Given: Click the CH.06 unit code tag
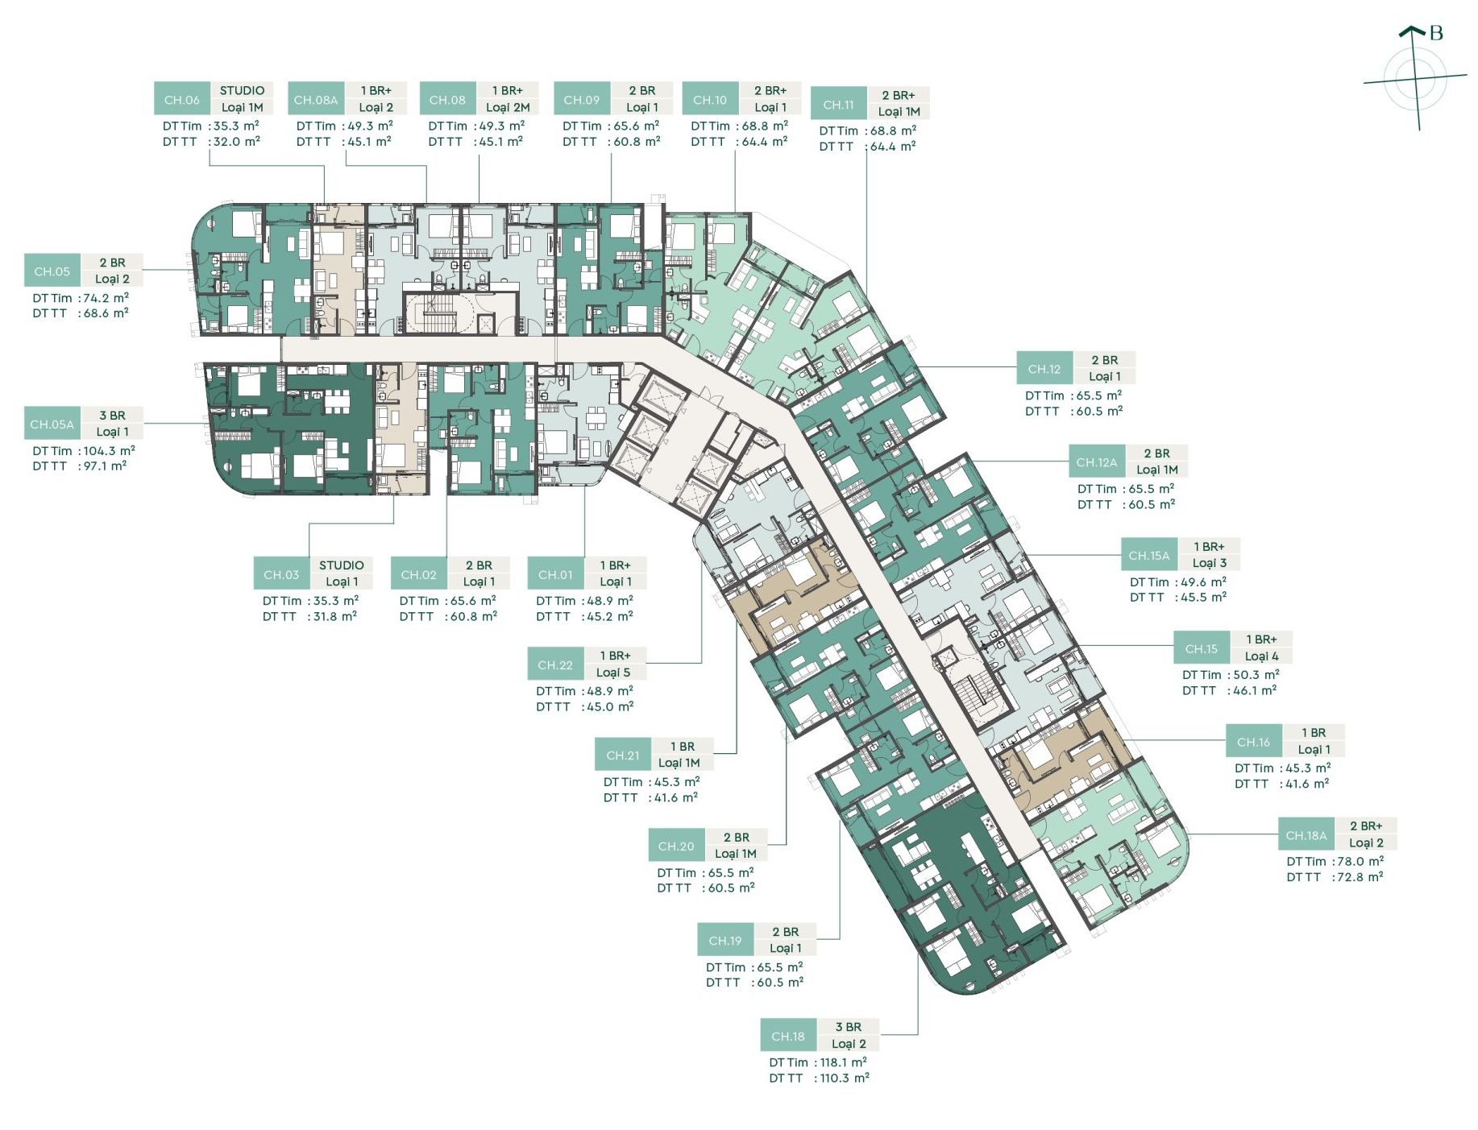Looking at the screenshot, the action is [182, 99].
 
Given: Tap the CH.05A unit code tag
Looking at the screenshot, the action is [52, 424].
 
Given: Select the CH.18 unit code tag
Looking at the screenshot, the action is [788, 1036].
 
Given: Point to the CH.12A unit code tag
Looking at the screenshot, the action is [1097, 462].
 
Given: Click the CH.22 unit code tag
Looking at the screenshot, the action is [555, 664].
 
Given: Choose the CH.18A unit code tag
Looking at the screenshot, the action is [1306, 834].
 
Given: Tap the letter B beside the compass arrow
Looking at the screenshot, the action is [1436, 33].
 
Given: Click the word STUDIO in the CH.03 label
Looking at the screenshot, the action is [342, 565].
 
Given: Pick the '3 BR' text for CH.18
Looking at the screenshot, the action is [849, 1027].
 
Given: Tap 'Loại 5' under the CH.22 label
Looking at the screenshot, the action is [614, 673].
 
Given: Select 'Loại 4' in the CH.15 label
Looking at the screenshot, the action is [1262, 656].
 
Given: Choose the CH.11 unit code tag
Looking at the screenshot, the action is [839, 104].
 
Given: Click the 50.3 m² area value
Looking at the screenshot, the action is [1256, 675].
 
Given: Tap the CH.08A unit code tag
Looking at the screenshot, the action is [316, 99].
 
